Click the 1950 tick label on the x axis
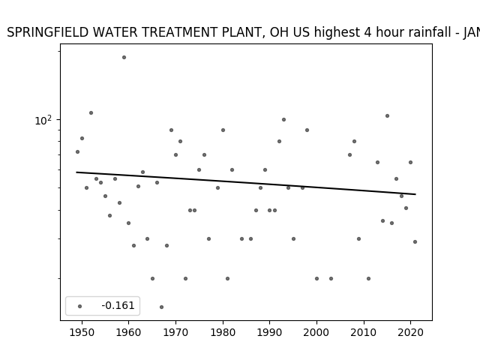point(82,332)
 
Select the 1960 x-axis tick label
point(128,332)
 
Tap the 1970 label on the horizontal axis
point(175,332)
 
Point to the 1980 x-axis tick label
point(223,332)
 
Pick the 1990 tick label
point(270,332)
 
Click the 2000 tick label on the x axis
point(316,332)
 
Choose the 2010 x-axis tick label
point(364,332)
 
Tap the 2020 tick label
point(411,332)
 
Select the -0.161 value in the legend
point(118,305)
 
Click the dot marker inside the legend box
point(80,306)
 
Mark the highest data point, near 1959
point(124,57)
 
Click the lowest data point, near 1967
point(162,307)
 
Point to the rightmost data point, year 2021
point(415,241)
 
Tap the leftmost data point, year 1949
point(77,151)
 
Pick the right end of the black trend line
point(415,194)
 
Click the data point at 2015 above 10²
point(387,115)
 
